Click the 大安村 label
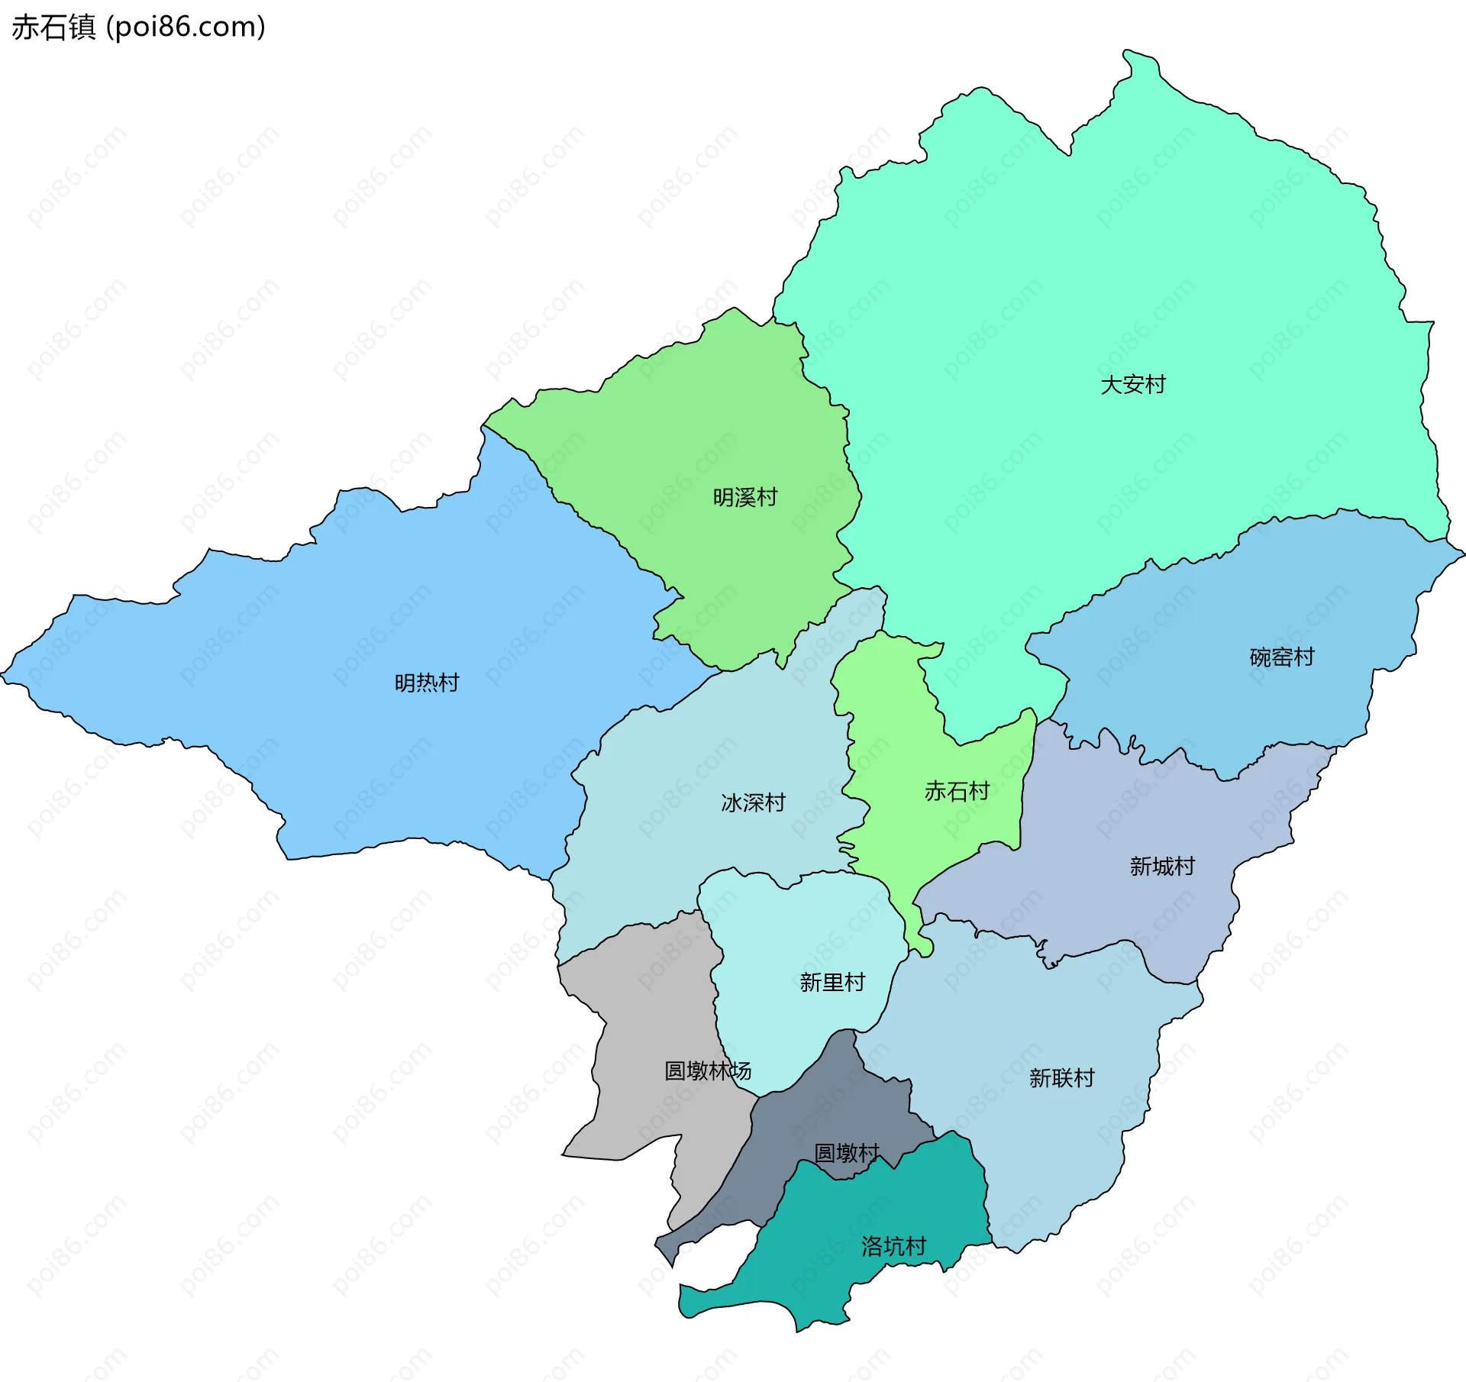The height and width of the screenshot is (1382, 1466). pyautogui.click(x=1132, y=385)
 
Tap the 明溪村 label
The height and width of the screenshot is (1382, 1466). pyautogui.click(x=744, y=498)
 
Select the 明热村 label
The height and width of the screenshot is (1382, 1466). pyautogui.click(x=426, y=683)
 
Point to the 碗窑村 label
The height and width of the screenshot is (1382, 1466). pyautogui.click(x=1281, y=657)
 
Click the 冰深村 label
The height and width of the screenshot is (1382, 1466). pyautogui.click(x=753, y=802)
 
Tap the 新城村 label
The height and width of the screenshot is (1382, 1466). pyautogui.click(x=1161, y=866)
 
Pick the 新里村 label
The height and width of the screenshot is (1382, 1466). pyautogui.click(x=831, y=982)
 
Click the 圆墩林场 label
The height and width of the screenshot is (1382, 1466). pyautogui.click(x=707, y=1070)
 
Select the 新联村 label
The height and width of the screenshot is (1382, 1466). pyautogui.click(x=1061, y=1077)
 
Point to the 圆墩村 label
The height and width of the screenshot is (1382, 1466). pyautogui.click(x=846, y=1152)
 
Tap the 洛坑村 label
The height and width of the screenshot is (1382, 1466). pyautogui.click(x=893, y=1246)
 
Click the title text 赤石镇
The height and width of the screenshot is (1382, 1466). pyautogui.click(x=53, y=27)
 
